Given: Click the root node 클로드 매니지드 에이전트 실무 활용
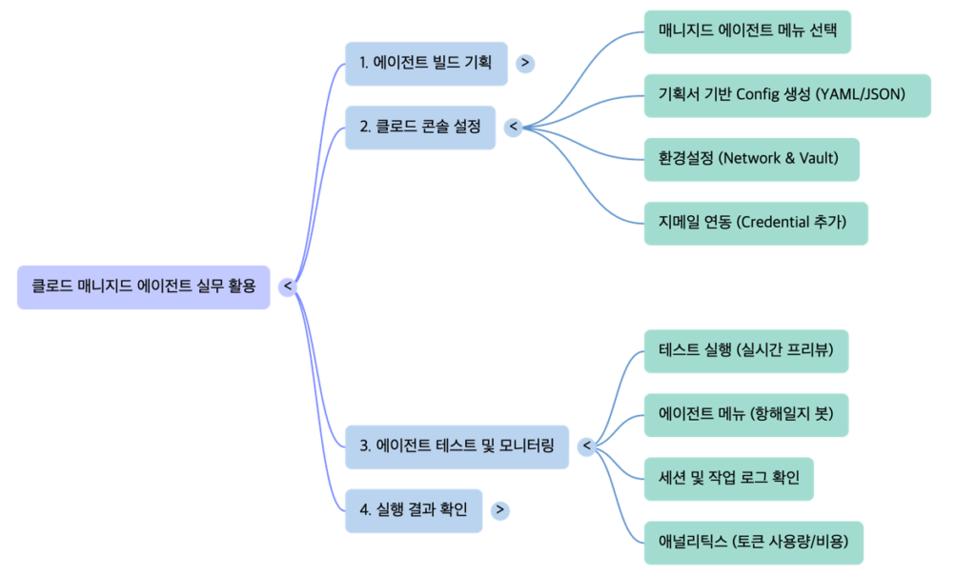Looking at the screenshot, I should point(143,287).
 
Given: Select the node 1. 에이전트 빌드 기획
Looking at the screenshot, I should point(425,63).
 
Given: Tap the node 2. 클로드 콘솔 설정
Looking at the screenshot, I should point(419,127).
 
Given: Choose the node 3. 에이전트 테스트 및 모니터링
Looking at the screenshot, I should point(457,446).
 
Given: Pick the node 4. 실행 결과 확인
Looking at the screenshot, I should point(413,510).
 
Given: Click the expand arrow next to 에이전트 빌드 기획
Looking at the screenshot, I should point(525,63).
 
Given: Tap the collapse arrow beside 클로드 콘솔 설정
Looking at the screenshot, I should point(514,127).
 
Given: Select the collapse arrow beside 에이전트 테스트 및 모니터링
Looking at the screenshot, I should point(587,446).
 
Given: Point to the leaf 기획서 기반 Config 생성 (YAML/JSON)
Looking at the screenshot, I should point(786,95).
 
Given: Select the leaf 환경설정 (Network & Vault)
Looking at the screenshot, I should point(751,159).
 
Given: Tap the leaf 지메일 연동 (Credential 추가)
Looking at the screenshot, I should point(755,223).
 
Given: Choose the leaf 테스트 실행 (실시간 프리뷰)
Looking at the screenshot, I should point(745,350).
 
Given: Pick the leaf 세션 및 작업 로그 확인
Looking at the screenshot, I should point(728,478).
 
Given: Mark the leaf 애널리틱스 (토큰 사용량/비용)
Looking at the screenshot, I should point(753,543).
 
